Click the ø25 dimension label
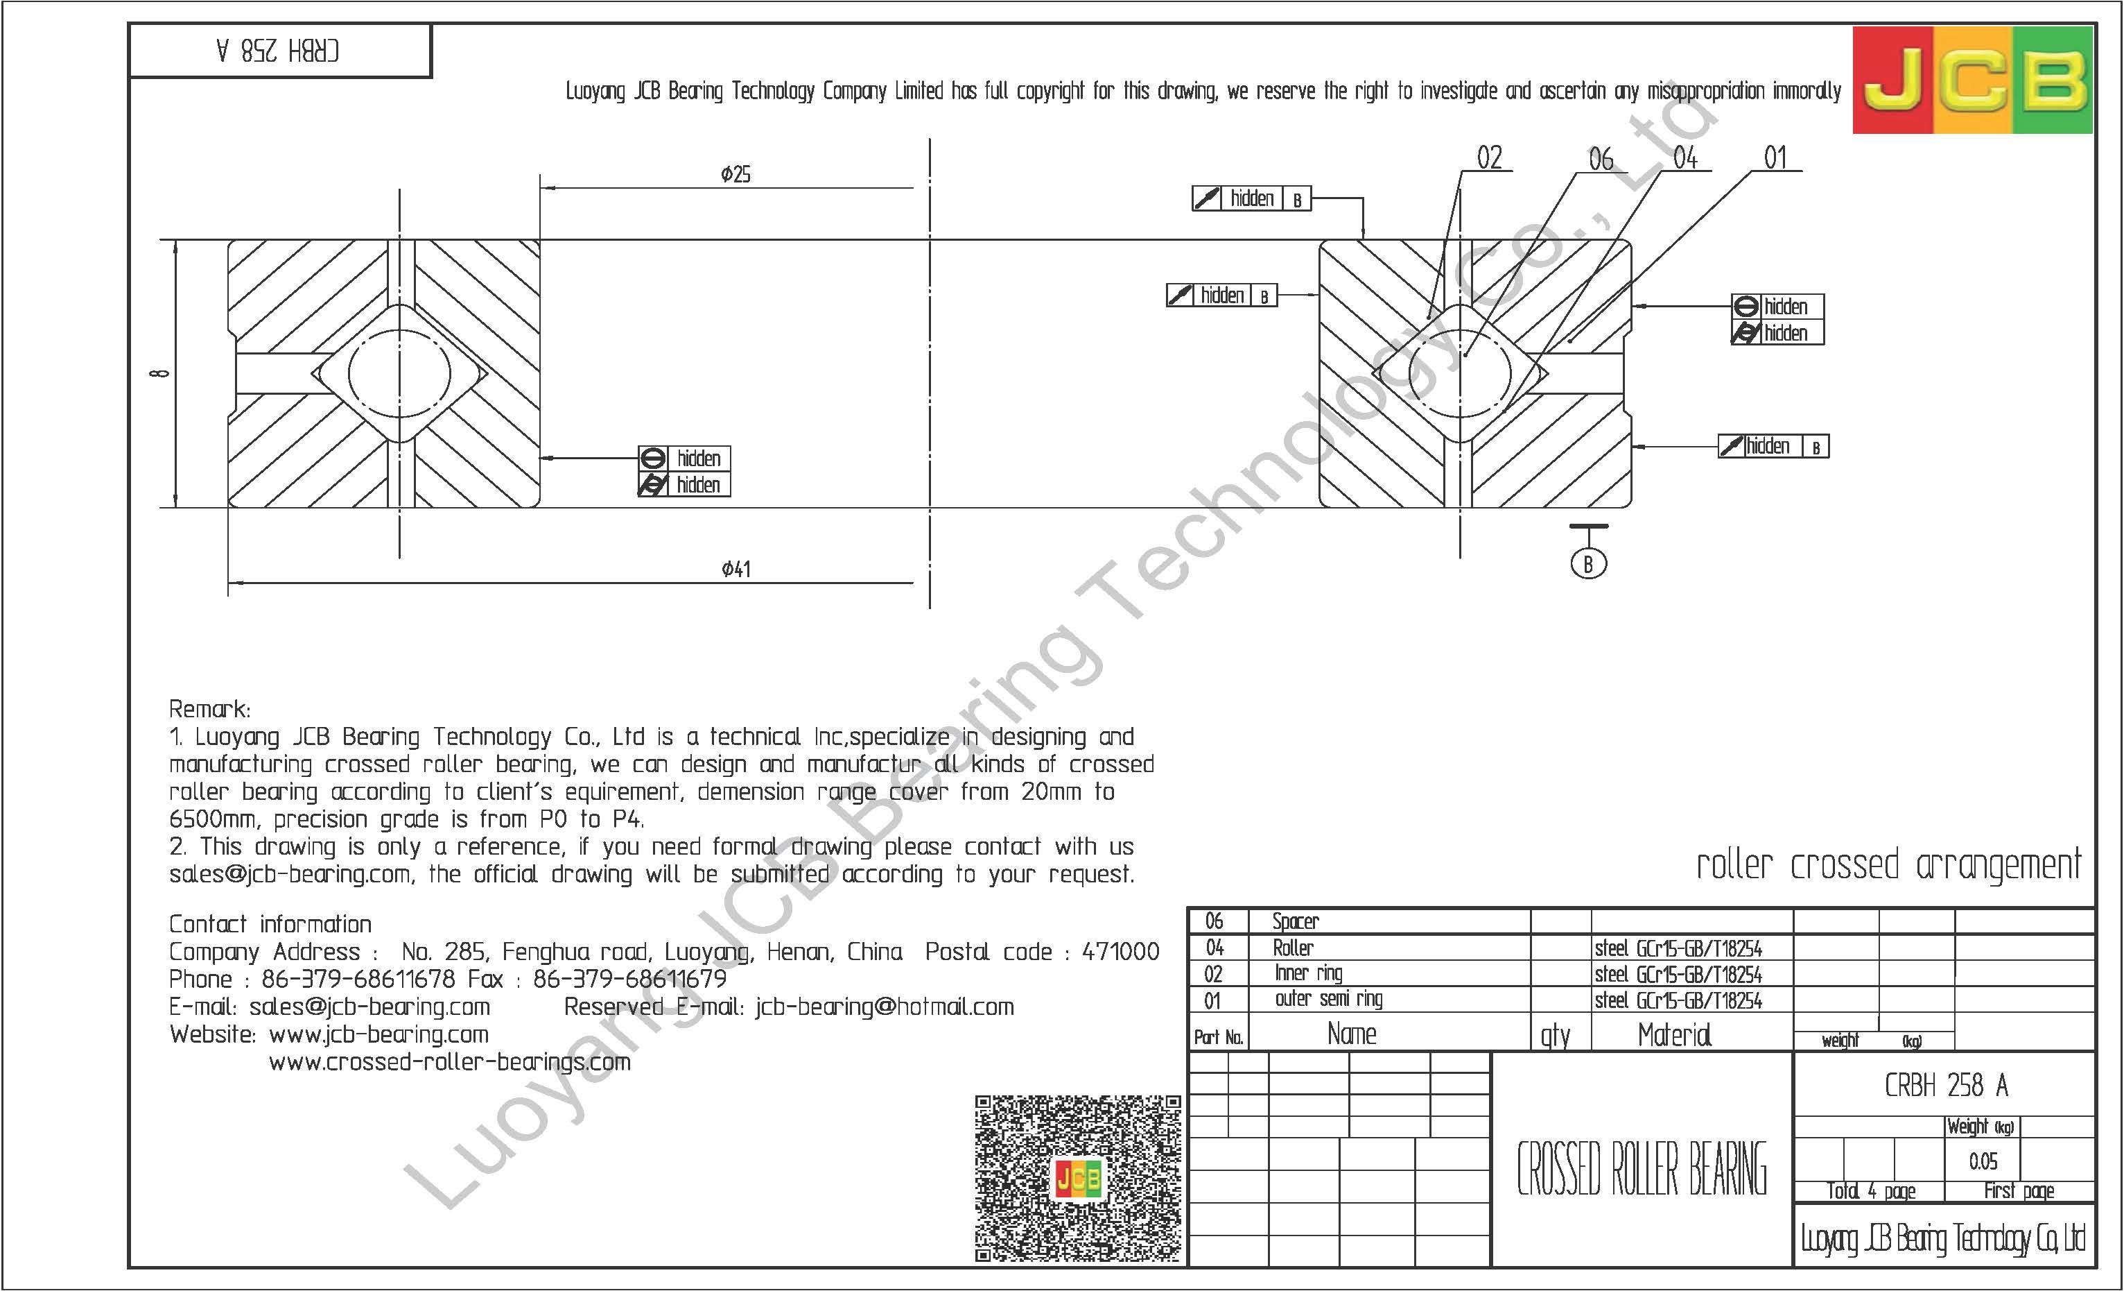735,174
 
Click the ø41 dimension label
735,569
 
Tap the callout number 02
1489,157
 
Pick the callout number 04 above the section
1685,157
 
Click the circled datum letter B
1588,564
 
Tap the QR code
1077,1178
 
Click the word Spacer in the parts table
1295,921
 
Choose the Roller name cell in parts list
1293,948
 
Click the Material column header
1674,1034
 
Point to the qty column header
1555,1035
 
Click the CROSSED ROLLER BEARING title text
1642,1170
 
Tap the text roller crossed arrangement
1888,865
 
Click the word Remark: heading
209,709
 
